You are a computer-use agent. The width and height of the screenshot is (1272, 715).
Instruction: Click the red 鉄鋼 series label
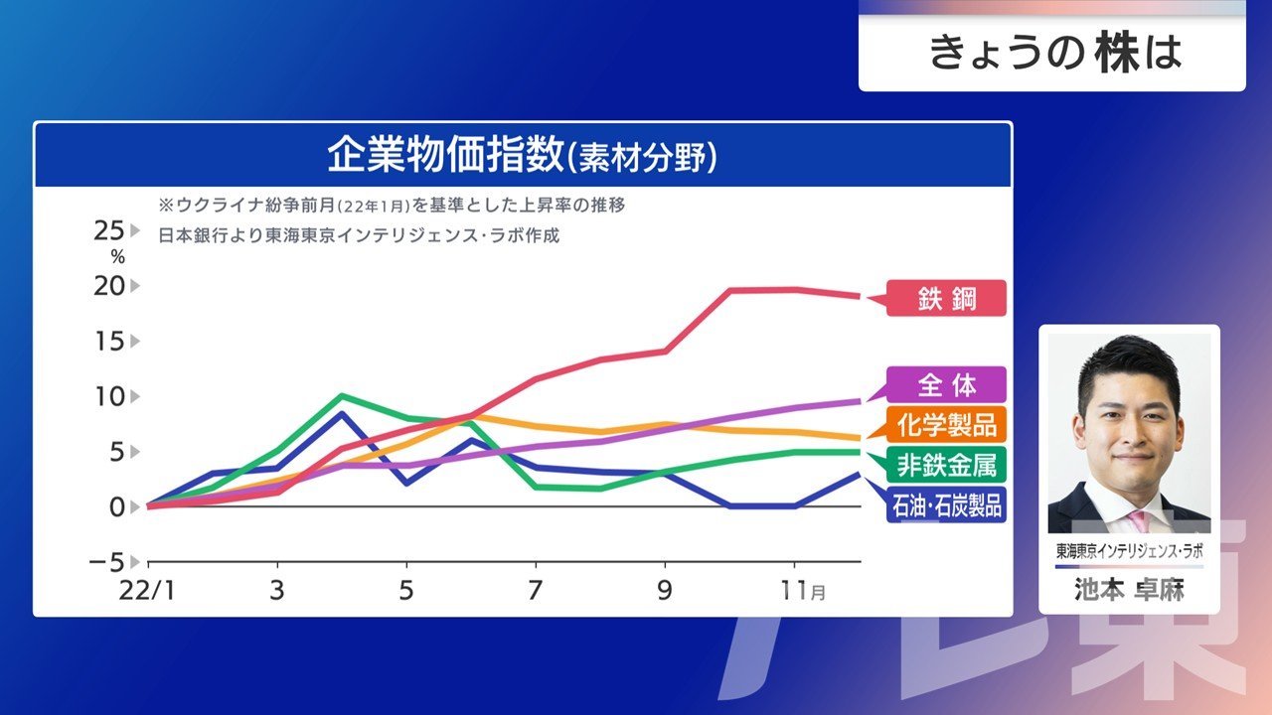947,298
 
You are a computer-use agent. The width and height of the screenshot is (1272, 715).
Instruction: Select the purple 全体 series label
947,384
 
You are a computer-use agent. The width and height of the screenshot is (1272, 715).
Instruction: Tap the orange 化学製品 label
946,424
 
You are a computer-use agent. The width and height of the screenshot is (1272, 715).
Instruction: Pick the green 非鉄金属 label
946,463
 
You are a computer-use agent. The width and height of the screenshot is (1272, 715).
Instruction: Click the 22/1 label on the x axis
147,591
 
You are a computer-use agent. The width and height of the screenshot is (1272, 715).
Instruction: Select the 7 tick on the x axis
536,591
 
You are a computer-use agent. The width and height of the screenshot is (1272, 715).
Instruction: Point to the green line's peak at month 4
342,395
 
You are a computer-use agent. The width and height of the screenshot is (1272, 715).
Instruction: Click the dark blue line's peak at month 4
342,413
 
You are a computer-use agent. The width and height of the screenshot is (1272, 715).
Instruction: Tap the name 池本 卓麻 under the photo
1129,591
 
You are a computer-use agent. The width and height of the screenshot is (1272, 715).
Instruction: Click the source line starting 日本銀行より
359,236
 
